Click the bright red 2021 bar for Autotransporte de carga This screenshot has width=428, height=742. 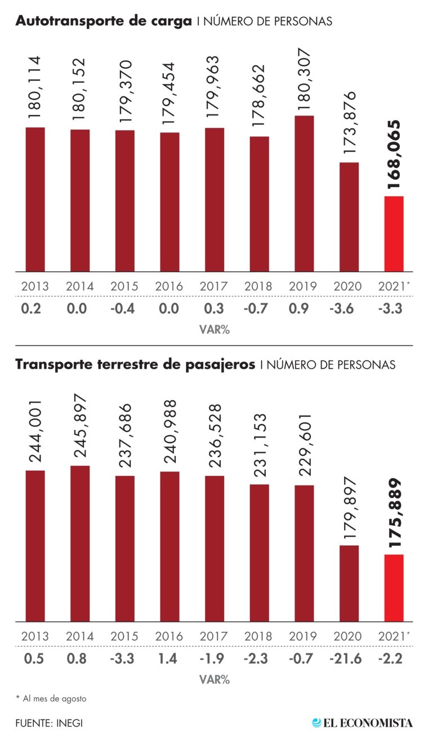(x=394, y=233)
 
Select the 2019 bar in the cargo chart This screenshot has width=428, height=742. (x=304, y=193)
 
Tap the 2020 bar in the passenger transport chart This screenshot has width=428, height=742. (x=349, y=583)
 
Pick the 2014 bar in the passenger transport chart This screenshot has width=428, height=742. (x=80, y=544)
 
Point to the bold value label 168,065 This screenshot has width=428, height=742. (x=394, y=154)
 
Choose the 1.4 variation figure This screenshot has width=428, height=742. (x=170, y=658)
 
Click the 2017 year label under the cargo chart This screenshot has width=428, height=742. (x=215, y=286)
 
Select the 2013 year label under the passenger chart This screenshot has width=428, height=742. (x=35, y=636)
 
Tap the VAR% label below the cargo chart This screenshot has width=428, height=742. (x=214, y=330)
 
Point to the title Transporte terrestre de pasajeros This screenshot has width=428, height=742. (x=136, y=364)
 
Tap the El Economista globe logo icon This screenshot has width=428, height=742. (x=317, y=722)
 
